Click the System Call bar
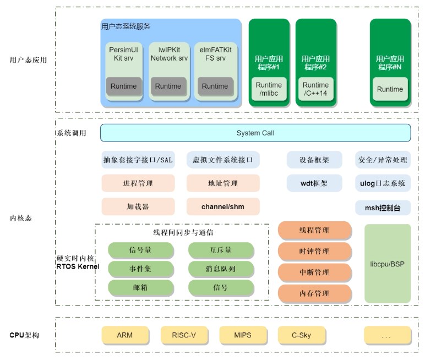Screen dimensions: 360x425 click(x=255, y=133)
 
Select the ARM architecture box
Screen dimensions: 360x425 click(x=124, y=335)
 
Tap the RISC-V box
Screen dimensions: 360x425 click(x=183, y=335)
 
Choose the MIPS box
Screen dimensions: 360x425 click(x=242, y=335)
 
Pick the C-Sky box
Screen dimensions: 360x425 click(x=301, y=335)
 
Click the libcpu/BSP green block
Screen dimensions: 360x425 click(x=387, y=264)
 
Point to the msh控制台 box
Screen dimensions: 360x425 click(x=383, y=208)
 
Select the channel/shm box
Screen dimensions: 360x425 click(x=223, y=206)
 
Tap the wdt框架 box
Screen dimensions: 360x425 click(x=314, y=183)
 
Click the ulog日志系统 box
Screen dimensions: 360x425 click(x=383, y=183)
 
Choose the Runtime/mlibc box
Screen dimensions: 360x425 click(x=269, y=89)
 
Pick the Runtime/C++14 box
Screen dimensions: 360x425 click(x=315, y=89)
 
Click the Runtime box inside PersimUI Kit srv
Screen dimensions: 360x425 click(x=123, y=86)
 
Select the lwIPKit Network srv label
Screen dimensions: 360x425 click(x=169, y=54)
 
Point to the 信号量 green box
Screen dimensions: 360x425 click(x=140, y=250)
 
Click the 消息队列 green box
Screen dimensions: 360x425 click(x=221, y=269)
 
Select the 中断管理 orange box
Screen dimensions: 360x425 click(x=314, y=272)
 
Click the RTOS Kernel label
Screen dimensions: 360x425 click(x=78, y=266)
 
